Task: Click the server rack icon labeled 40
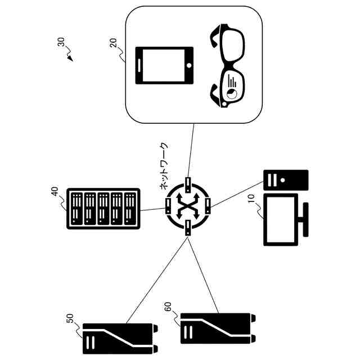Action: (103, 208)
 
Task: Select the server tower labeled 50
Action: (118, 337)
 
